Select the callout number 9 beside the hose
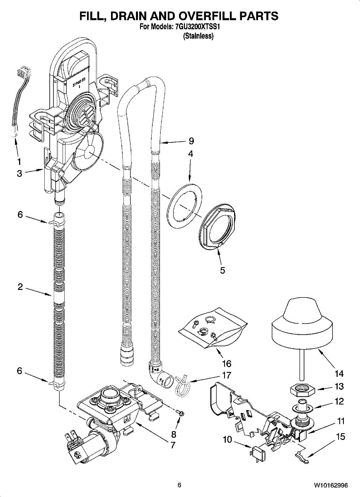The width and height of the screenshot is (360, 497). (x=191, y=141)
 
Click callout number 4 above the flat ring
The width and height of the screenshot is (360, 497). (x=191, y=154)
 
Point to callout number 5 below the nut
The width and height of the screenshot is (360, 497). (x=222, y=270)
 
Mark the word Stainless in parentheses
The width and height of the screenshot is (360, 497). (x=198, y=36)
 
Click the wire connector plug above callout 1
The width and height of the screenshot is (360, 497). (x=24, y=73)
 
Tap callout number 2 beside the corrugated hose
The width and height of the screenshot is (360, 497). (x=20, y=287)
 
